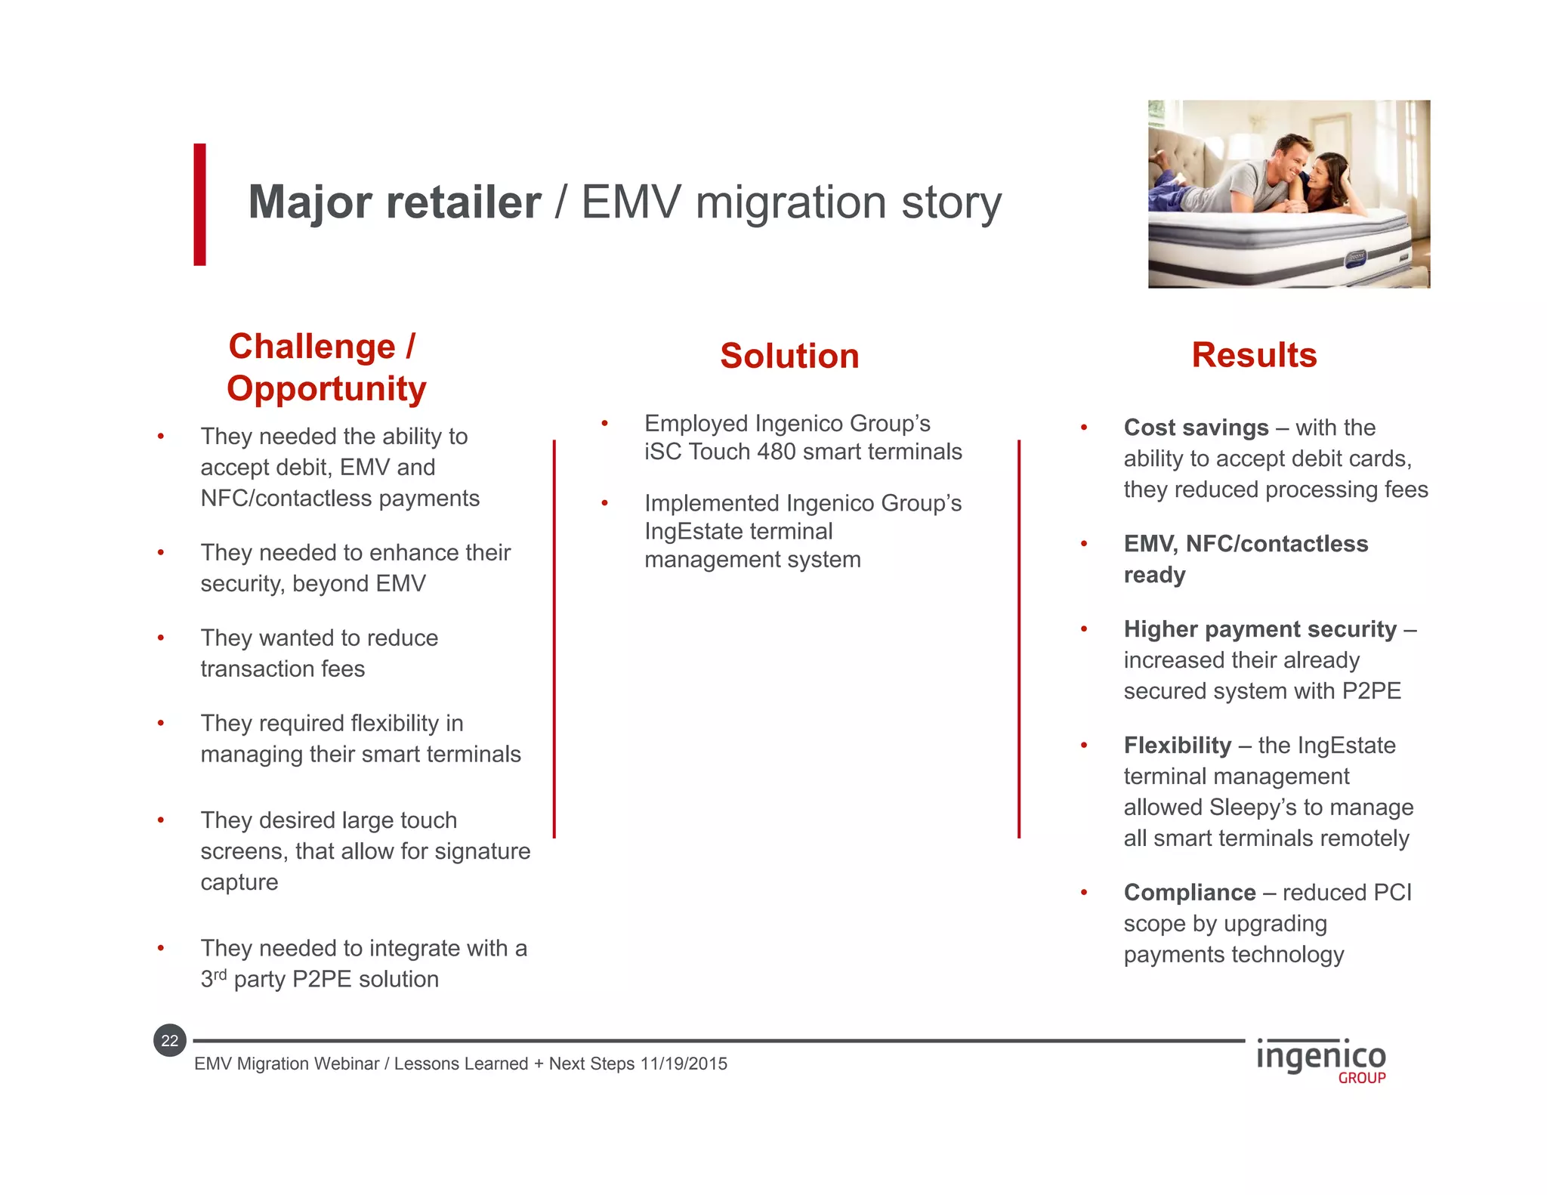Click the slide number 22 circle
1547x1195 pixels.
[x=170, y=1041]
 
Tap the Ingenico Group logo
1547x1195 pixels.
[x=1321, y=1061]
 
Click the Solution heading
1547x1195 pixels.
[x=789, y=356]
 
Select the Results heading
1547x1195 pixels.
[x=1254, y=355]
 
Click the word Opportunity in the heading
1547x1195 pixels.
[x=326, y=389]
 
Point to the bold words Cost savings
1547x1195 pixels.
[x=1196, y=428]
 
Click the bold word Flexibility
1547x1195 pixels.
[x=1177, y=746]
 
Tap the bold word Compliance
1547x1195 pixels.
[x=1189, y=893]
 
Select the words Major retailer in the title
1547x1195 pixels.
[x=394, y=202]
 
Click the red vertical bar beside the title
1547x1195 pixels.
[x=199, y=204]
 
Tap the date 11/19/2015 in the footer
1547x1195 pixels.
[x=684, y=1064]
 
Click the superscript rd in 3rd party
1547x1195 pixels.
[x=220, y=974]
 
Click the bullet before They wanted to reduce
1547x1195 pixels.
[x=161, y=638]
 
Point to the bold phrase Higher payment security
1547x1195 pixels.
[x=1260, y=629]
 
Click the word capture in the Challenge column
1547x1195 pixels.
[x=239, y=882]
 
